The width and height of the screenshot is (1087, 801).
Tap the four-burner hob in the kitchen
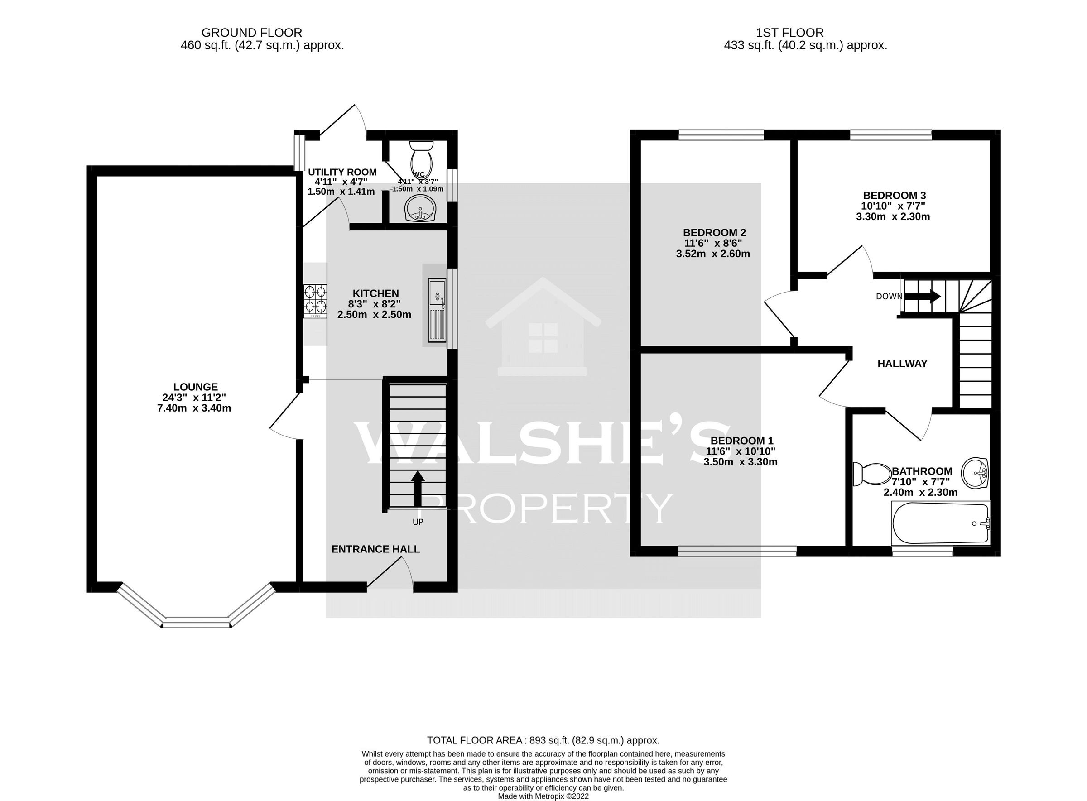315,301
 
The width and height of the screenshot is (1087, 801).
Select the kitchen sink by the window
437,310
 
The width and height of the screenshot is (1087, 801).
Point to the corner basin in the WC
420,210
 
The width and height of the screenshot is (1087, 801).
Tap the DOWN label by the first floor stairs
889,297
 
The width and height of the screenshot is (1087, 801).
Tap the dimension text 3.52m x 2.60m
712,254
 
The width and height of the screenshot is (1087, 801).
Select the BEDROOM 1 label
741,441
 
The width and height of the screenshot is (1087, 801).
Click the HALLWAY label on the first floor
902,364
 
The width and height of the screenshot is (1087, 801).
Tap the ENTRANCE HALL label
375,549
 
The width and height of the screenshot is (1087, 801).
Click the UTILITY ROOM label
342,172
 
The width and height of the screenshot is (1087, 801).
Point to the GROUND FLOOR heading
251,33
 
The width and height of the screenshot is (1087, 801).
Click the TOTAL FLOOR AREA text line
543,740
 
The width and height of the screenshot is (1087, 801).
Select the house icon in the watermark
543,327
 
